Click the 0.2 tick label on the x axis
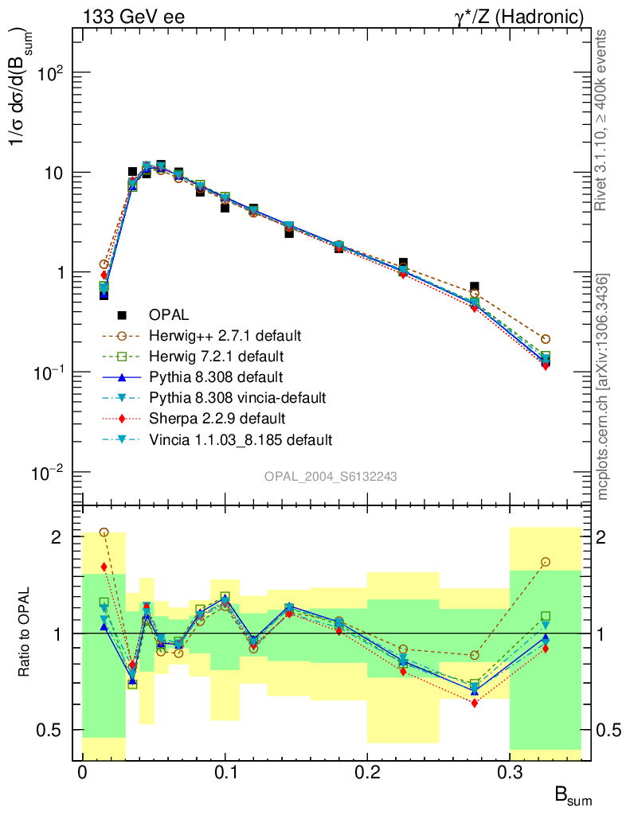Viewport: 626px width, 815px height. click(x=367, y=773)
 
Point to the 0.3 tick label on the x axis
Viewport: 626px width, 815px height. click(x=510, y=773)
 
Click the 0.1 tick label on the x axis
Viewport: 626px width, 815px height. click(x=225, y=773)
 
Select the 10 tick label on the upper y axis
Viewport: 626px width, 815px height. click(x=53, y=173)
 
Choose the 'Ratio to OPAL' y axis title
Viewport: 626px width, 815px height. click(x=25, y=633)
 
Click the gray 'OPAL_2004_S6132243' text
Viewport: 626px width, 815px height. click(x=331, y=476)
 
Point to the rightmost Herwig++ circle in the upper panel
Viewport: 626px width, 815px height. click(x=545, y=339)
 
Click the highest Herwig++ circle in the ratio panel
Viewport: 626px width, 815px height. click(x=104, y=532)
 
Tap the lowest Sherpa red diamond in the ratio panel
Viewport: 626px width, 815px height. click(x=474, y=703)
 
